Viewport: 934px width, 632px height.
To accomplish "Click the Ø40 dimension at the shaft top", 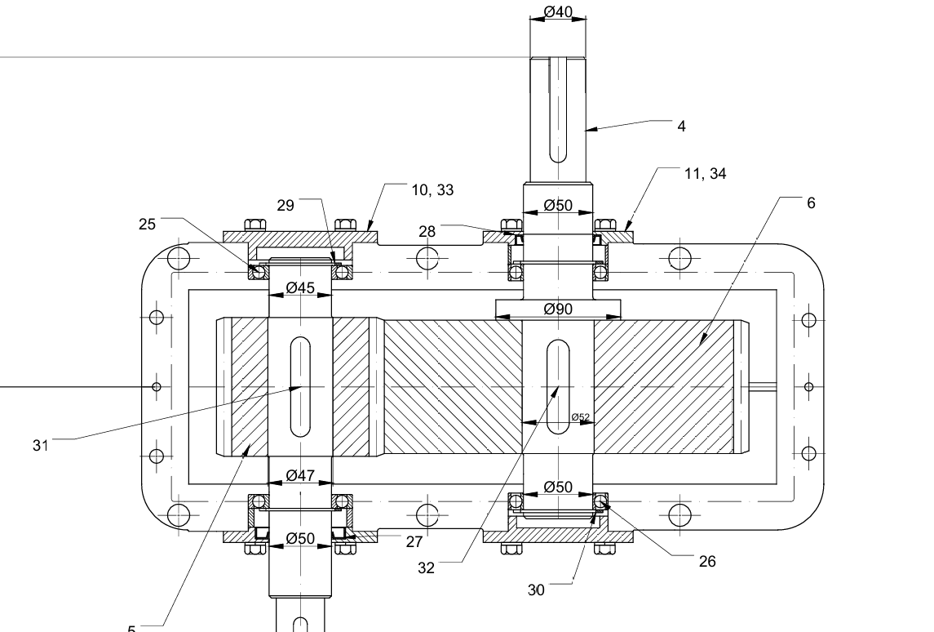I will point(558,12).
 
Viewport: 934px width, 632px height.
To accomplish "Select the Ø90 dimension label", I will point(558,309).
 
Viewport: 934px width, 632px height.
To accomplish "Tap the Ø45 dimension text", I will point(300,288).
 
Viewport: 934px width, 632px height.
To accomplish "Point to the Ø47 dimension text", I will point(300,475).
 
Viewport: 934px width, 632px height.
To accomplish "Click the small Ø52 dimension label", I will point(580,417).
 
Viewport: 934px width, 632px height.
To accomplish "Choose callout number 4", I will point(681,126).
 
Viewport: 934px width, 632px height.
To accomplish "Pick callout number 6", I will point(810,203).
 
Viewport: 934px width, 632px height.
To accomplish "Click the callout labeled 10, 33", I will point(432,190).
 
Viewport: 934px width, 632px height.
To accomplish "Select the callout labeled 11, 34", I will point(705,173).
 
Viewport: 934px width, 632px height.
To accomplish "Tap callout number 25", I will point(147,224).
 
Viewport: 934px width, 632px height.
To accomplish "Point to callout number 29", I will point(285,205).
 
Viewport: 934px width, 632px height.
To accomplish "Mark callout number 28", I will point(427,231).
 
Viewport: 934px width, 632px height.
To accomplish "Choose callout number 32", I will point(426,568).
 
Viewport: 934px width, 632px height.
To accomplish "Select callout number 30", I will point(536,590).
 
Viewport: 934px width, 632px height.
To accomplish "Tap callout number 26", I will point(707,561).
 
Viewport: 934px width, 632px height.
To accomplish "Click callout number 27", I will point(414,541).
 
